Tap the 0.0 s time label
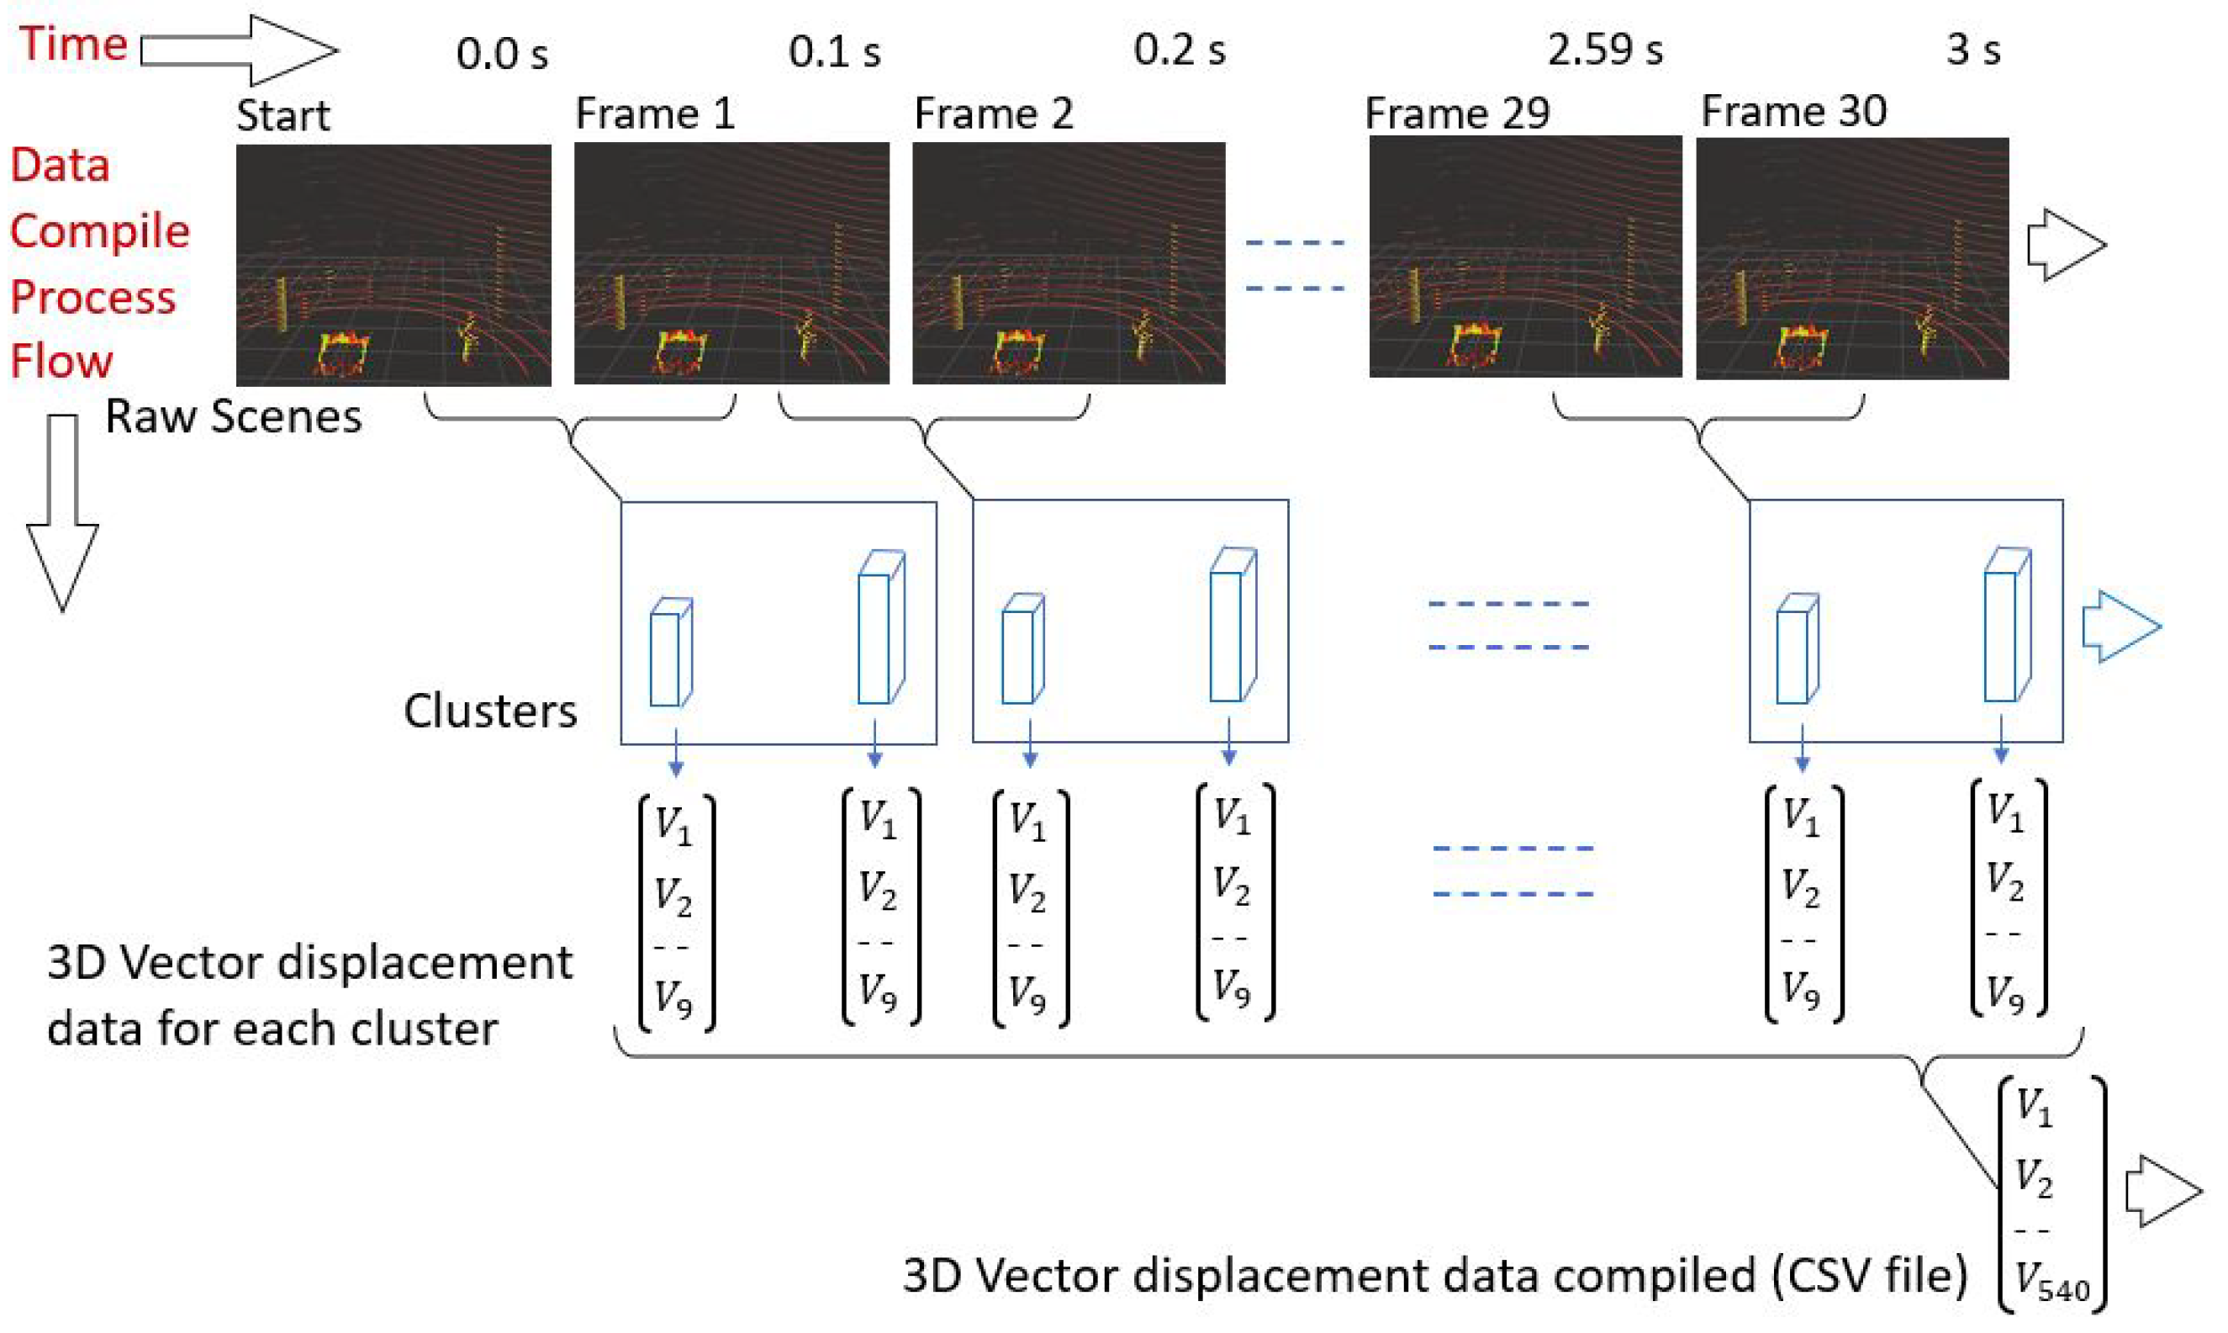click(501, 54)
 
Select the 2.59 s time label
click(1604, 50)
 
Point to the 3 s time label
click(1972, 50)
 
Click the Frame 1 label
click(655, 114)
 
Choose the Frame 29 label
click(1456, 114)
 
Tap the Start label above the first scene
click(282, 115)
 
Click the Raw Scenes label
click(234, 417)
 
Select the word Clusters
click(489, 711)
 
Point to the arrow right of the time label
click(240, 50)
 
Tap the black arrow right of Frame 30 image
click(2066, 246)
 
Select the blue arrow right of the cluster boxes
click(2120, 627)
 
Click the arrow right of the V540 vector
click(2162, 1192)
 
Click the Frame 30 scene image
click(1851, 259)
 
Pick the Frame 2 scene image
click(1069, 262)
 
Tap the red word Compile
click(100, 232)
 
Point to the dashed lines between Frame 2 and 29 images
click(1294, 265)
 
